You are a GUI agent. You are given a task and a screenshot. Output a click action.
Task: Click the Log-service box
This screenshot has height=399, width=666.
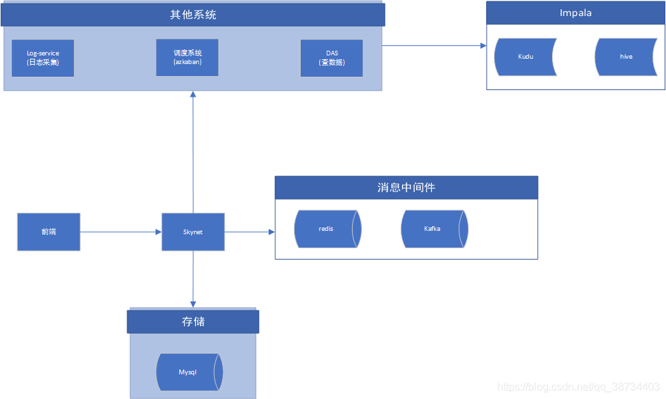tap(43, 58)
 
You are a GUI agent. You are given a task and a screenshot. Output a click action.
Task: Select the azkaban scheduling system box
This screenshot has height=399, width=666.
tap(187, 57)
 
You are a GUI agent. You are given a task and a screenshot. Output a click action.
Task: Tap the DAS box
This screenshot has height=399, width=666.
tap(331, 58)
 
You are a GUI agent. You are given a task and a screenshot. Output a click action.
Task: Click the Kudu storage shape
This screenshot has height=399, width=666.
tap(525, 57)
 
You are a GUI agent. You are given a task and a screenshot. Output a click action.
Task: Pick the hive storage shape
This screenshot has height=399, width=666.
tap(625, 57)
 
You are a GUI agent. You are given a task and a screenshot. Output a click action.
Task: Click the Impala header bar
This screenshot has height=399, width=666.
tap(575, 13)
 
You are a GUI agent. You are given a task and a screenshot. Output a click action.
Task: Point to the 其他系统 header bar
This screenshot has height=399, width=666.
tap(193, 15)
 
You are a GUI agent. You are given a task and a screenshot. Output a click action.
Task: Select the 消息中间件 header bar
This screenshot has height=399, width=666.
tap(406, 187)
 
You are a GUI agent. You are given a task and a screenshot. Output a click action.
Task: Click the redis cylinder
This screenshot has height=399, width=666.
tap(327, 229)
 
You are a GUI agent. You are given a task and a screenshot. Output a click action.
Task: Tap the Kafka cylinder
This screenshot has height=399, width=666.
tap(433, 229)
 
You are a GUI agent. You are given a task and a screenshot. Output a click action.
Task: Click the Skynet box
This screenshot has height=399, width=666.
tap(193, 232)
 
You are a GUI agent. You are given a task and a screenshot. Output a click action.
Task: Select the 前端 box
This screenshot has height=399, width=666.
tap(49, 232)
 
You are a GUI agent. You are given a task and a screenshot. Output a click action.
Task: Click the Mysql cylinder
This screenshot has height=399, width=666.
tap(188, 372)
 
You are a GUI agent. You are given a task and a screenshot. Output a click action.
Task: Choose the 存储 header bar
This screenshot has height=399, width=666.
tap(193, 322)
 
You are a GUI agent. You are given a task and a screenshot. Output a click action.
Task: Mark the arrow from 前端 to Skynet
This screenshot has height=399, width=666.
tap(121, 232)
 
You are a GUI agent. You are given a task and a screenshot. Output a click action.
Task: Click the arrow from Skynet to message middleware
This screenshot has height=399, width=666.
tap(249, 232)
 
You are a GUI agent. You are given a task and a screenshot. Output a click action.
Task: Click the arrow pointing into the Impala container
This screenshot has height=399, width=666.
tap(434, 45)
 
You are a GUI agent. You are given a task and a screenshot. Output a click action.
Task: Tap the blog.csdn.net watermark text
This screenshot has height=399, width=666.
tap(579, 387)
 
